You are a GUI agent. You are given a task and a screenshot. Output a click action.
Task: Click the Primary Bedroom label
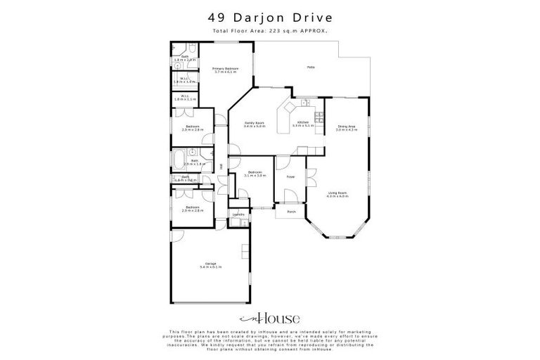225,68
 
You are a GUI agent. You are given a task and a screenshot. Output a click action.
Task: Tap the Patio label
309,67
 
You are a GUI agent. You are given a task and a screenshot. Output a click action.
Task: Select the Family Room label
254,123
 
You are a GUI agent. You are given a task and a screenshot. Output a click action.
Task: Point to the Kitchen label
303,123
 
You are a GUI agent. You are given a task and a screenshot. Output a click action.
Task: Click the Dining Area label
345,127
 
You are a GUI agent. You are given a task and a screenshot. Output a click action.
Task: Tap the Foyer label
290,176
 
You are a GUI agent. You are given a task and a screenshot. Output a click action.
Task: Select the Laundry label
238,214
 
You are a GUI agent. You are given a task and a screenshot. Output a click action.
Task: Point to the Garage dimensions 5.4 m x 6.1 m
210,267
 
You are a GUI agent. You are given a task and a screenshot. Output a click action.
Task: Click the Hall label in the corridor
221,166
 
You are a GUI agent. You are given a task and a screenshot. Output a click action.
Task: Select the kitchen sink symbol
304,104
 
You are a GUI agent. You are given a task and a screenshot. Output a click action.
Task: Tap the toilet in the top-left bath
192,49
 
